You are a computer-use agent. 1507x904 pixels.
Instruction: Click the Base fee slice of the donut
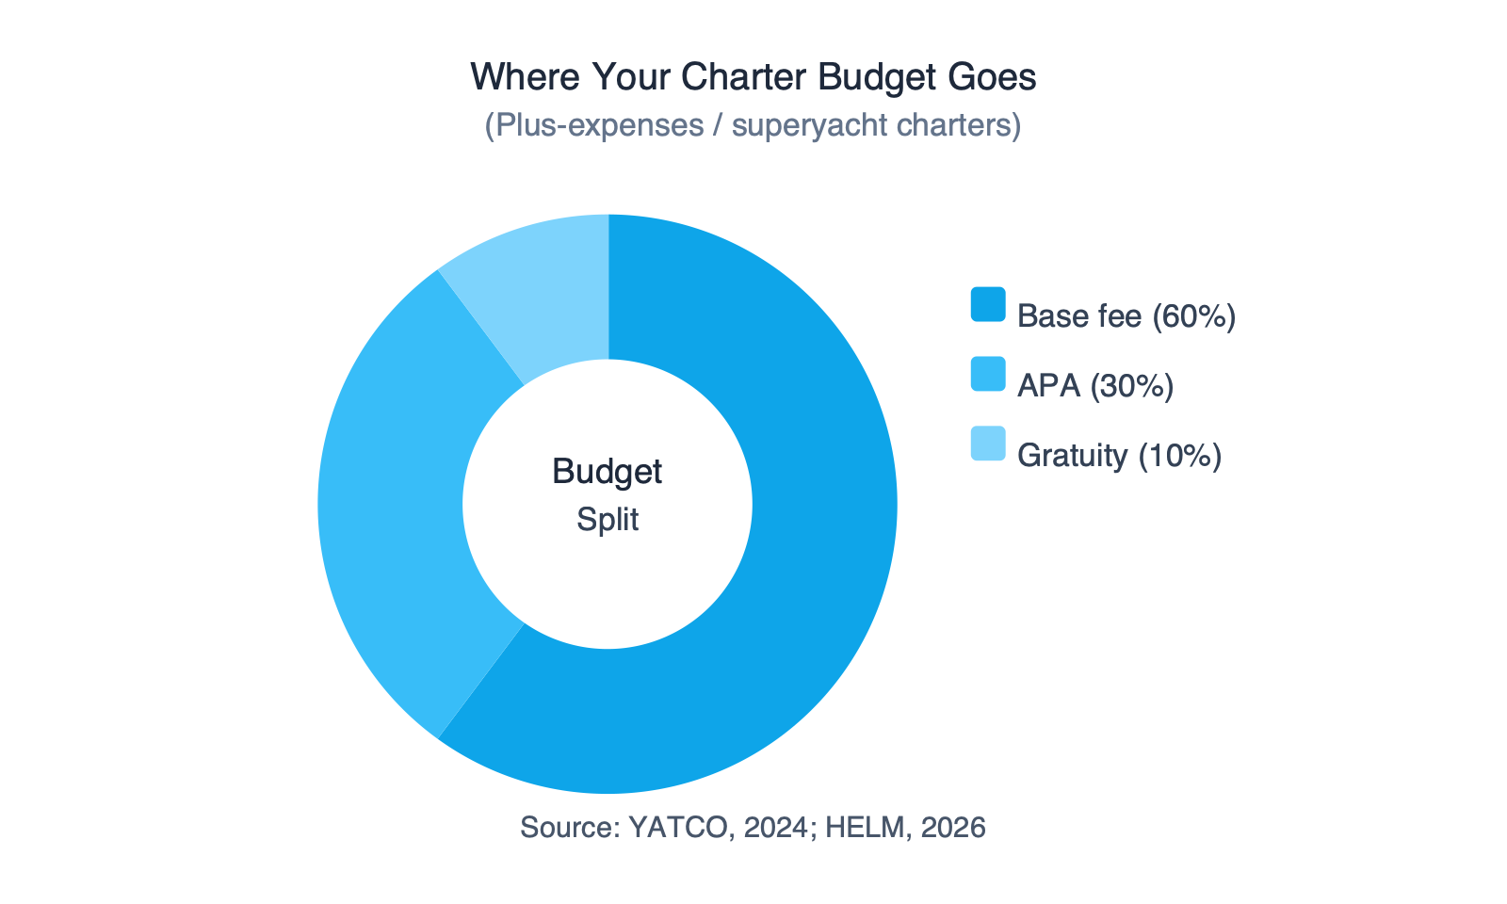(810, 565)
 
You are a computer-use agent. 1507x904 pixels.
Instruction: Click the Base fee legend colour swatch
(988, 304)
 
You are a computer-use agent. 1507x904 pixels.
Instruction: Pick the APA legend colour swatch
(988, 374)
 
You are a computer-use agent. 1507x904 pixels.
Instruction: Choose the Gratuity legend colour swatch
(988, 444)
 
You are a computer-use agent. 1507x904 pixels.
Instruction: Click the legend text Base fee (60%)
(1126, 316)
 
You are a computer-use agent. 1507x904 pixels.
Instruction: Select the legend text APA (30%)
(1095, 386)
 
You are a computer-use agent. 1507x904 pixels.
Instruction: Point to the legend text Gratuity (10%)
(1119, 456)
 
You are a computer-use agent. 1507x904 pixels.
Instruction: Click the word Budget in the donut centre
(608, 472)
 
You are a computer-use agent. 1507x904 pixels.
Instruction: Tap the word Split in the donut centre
(608, 520)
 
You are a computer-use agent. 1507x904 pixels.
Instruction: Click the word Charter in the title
(744, 77)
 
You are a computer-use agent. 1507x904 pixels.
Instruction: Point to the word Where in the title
(525, 77)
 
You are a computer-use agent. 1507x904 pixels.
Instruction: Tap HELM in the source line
(854, 828)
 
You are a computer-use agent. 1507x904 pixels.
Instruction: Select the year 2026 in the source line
(953, 828)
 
